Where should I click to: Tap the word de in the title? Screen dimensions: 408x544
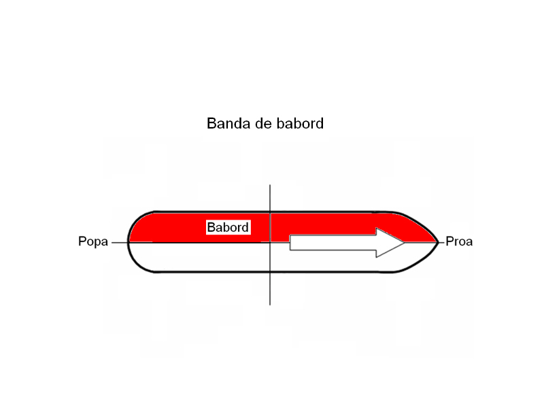(x=258, y=124)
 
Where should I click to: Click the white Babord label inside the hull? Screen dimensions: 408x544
(x=228, y=227)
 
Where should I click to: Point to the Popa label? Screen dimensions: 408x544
(x=93, y=242)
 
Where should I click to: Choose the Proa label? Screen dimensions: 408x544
(x=459, y=242)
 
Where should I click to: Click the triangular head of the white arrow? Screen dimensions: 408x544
(x=390, y=242)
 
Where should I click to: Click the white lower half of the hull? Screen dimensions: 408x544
(x=204, y=257)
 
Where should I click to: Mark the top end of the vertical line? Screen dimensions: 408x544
(x=270, y=186)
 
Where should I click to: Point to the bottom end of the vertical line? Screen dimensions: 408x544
(x=270, y=303)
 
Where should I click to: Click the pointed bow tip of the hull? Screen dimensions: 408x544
(x=438, y=241)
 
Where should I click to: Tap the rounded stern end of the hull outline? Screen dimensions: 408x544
(x=129, y=242)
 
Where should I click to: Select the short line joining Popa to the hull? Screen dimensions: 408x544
(x=120, y=242)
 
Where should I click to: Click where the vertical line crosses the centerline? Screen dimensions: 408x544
(x=270, y=242)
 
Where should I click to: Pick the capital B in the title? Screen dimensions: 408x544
(x=211, y=124)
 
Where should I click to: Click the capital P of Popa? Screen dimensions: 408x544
(x=82, y=242)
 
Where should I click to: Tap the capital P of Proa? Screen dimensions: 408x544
(x=449, y=242)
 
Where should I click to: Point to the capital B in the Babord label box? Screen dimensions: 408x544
(x=211, y=227)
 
